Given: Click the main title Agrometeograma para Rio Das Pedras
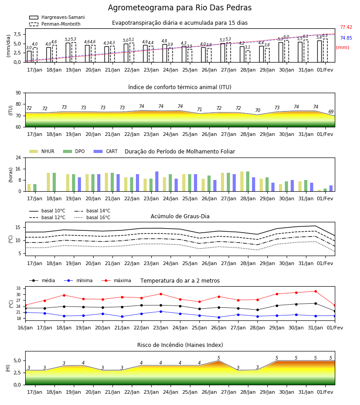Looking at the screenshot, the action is click(180, 8).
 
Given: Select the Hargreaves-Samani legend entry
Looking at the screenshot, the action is click(57, 17).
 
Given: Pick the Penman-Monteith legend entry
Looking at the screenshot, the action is click(55, 24).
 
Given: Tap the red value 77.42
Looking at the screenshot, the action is click(346, 27).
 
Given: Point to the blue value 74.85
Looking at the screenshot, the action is click(346, 38).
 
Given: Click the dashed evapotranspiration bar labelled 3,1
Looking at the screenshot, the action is click(248, 56).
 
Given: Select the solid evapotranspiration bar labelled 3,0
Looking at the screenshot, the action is click(29, 57).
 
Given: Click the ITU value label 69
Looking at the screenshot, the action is click(331, 112).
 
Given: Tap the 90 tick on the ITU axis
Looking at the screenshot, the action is click(18, 93).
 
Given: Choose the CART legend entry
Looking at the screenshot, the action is click(105, 151).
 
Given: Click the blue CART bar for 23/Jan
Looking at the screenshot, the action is click(157, 181).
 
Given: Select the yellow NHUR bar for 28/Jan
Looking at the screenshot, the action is click(242, 181).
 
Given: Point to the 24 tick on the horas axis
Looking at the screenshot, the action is click(18, 157).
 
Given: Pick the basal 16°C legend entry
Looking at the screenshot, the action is click(92, 217).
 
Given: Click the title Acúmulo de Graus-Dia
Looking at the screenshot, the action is click(180, 216).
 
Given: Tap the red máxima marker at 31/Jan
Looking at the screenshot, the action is click(315, 291).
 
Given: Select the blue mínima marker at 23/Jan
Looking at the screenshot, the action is click(161, 311).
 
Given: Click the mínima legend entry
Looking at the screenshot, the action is click(78, 280).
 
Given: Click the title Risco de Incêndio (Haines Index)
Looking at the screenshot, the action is click(180, 345).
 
